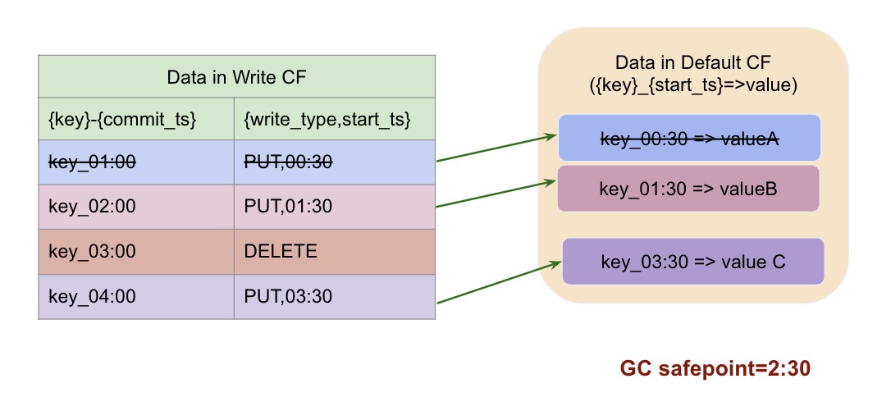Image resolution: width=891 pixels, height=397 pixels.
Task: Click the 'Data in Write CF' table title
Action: [x=236, y=77]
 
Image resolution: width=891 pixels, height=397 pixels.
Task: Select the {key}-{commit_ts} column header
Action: [x=123, y=120]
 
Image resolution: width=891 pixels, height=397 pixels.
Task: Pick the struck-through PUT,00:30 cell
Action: [x=288, y=162]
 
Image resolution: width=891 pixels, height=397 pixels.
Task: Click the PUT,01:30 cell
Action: [x=288, y=207]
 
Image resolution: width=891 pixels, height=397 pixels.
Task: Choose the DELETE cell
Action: [x=281, y=252]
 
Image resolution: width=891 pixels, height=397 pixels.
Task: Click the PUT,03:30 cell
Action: [x=288, y=296]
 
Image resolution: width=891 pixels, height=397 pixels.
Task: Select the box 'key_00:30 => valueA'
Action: [x=689, y=138]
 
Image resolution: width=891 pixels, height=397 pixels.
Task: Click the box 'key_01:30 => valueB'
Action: [x=688, y=189]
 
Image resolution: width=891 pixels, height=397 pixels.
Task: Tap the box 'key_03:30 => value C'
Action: [x=693, y=262]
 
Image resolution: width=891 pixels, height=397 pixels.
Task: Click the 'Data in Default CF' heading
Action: [x=693, y=63]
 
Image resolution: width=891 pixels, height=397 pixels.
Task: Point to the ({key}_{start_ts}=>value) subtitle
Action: [x=693, y=84]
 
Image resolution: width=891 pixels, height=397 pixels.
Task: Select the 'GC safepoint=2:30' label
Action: [x=715, y=368]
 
